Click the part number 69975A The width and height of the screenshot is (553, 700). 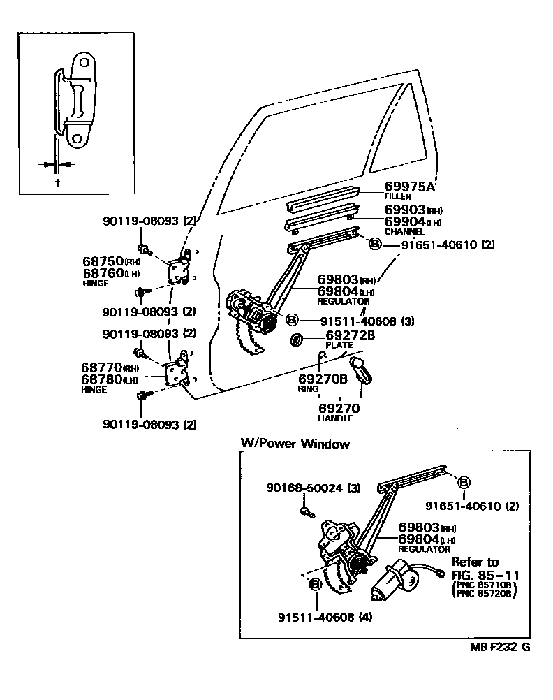(409, 187)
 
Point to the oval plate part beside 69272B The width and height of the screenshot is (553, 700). (296, 340)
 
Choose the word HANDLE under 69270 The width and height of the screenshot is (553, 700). (335, 418)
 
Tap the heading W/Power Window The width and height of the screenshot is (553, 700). (295, 444)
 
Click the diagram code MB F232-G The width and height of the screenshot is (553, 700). (500, 647)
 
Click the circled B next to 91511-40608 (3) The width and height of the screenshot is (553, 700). (292, 320)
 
